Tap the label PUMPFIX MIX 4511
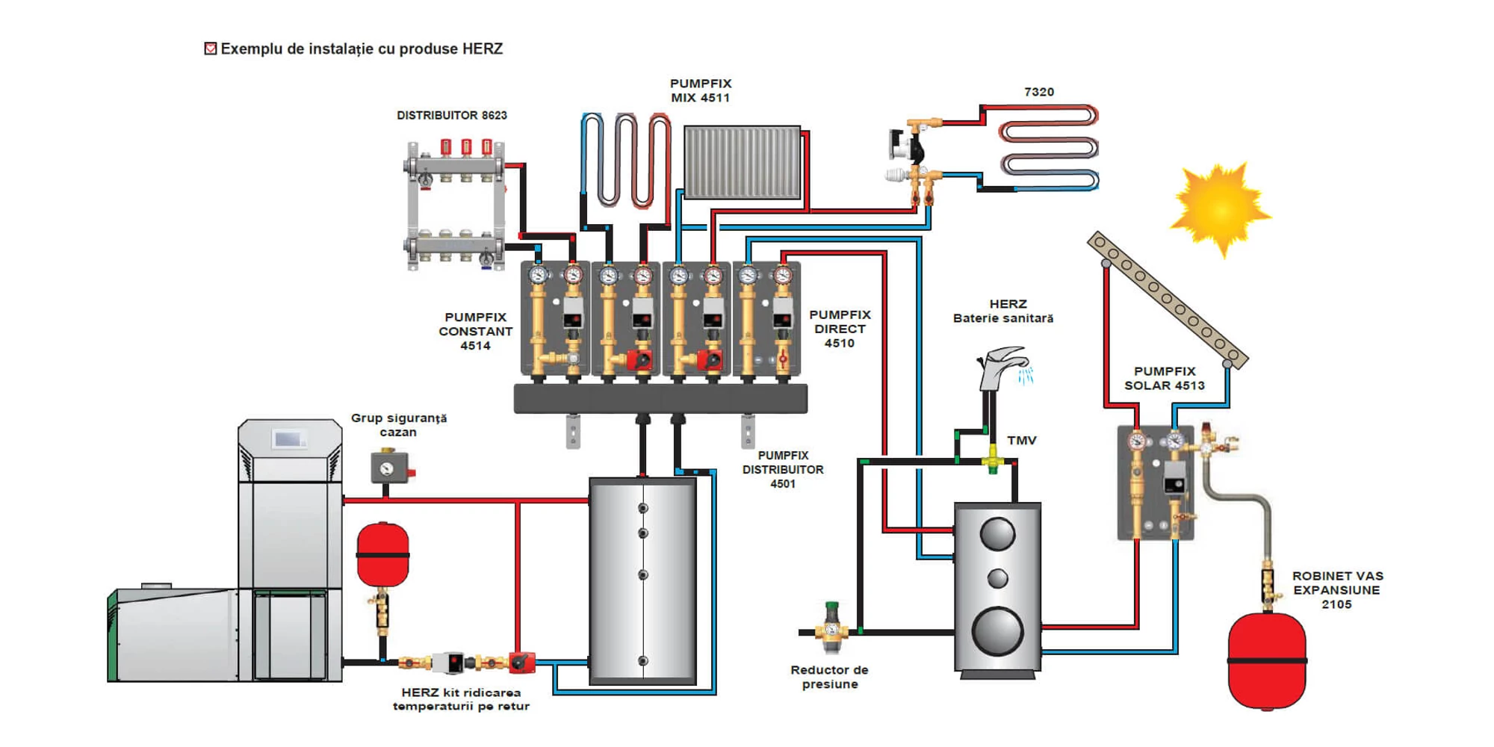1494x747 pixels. coord(700,90)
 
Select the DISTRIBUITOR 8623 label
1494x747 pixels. coord(451,115)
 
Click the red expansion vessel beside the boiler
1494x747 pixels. coord(383,554)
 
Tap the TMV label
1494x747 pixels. coord(1021,440)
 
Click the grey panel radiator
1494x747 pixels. coord(742,162)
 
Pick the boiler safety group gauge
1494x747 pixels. coord(387,468)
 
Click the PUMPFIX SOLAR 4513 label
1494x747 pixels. coord(1164,378)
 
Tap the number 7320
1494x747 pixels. coord(1038,92)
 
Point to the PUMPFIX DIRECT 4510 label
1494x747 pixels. coord(840,329)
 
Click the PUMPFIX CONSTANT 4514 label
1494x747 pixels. coord(475,331)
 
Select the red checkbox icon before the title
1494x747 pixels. coord(211,49)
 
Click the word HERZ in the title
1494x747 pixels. coord(482,49)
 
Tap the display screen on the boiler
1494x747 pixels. coord(288,439)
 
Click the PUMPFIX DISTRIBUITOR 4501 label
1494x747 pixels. coord(782,469)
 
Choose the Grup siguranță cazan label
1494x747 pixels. coord(398,424)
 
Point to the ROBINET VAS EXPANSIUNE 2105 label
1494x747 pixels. coord(1337,589)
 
